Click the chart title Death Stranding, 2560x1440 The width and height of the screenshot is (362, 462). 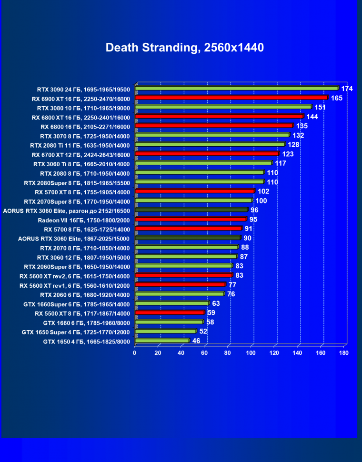pos(184,48)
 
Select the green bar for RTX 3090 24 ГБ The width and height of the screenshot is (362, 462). pos(237,88)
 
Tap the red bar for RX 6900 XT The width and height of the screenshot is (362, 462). pos(231,98)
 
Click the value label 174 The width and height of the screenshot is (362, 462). pos(347,89)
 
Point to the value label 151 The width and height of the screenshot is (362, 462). pos(320,107)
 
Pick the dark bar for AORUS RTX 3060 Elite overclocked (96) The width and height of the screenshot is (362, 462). pos(191,210)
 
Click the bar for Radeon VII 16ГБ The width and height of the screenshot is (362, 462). pos(191,219)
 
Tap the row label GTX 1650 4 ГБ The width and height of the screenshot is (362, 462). pos(86,341)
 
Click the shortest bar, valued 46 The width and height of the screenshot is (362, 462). pos(162,341)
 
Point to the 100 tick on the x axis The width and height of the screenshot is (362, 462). pos(251,353)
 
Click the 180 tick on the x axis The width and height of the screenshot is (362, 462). pos(344,353)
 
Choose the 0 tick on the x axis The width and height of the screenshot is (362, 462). pos(135,353)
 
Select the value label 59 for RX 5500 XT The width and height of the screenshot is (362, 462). pos(211,313)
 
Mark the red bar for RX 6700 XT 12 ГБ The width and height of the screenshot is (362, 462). pos(207,154)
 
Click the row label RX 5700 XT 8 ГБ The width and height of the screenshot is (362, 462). pos(82,192)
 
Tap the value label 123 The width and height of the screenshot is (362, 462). pos(288,154)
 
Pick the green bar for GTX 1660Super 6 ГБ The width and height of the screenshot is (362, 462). pos(172,303)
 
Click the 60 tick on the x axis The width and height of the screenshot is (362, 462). pos(204,353)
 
